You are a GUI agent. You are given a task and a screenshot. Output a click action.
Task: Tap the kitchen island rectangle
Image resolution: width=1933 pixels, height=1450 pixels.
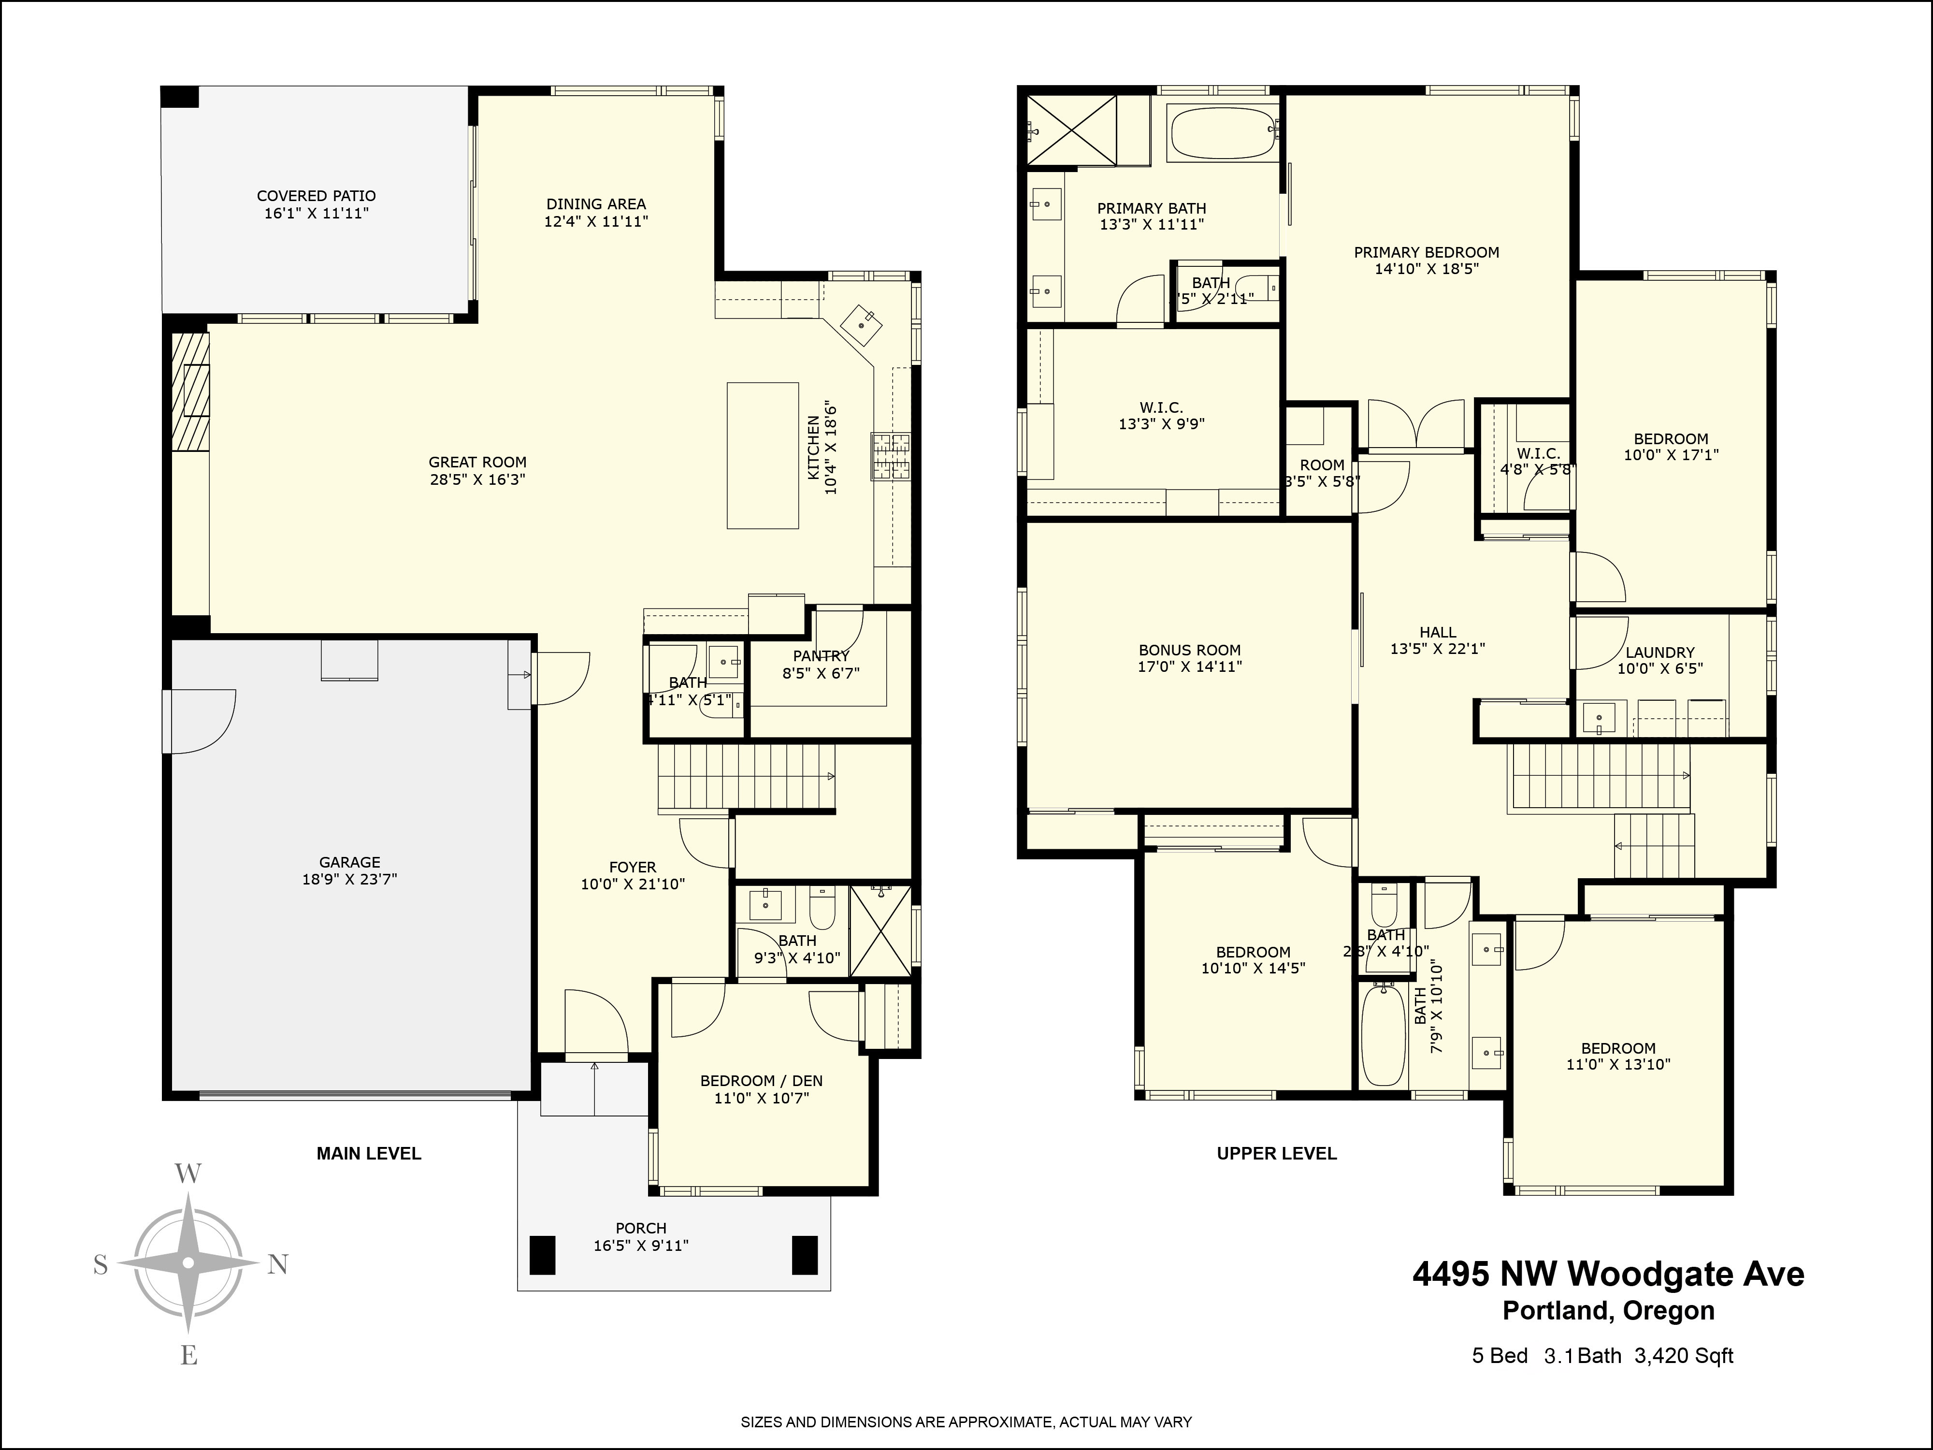tap(763, 455)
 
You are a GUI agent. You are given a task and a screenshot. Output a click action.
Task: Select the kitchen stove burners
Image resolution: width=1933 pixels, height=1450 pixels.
tap(891, 456)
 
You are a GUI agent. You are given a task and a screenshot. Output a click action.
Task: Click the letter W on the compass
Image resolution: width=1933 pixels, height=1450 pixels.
tap(189, 1174)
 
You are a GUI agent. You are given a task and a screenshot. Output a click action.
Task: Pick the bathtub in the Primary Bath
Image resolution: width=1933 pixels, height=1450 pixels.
tap(1224, 133)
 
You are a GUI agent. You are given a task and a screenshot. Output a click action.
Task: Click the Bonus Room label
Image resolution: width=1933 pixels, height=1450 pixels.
tap(1189, 650)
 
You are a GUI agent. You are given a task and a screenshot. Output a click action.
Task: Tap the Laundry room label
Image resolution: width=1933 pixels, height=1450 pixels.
tap(1659, 652)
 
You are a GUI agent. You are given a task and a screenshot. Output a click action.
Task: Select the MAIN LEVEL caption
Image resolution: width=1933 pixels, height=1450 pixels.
tap(369, 1154)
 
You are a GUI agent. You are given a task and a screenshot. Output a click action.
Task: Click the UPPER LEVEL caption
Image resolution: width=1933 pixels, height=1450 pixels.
tap(1277, 1154)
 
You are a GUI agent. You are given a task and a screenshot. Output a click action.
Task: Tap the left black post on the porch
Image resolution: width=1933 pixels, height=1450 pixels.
tap(543, 1254)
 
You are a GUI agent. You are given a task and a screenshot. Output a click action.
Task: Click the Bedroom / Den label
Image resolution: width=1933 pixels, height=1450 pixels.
tap(761, 1081)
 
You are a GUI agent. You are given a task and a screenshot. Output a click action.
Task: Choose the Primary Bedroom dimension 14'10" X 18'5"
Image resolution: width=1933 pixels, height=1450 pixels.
tap(1426, 269)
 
